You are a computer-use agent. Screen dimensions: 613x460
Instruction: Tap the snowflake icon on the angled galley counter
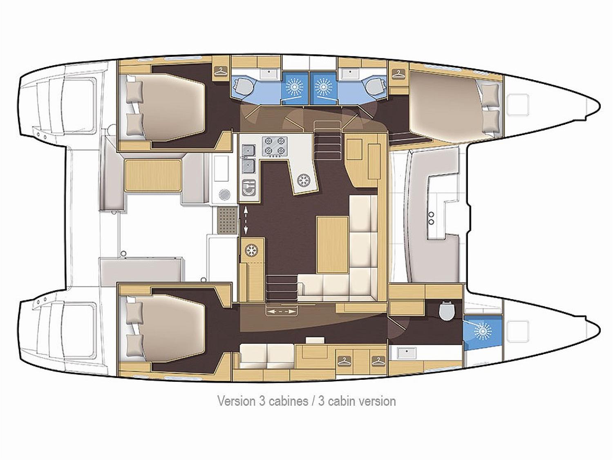click(x=303, y=180)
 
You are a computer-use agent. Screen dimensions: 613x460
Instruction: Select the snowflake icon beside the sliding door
click(x=250, y=250)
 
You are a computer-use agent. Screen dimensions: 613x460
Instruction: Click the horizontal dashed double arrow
click(x=281, y=311)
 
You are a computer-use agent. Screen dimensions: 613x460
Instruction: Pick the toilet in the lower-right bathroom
click(x=447, y=310)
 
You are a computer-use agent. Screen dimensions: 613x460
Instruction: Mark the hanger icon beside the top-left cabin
click(x=221, y=71)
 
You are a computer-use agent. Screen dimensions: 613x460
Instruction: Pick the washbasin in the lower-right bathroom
click(x=407, y=353)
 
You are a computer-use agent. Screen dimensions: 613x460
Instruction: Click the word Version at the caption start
click(x=236, y=401)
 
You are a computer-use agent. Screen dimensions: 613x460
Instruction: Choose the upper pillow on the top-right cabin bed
click(x=491, y=94)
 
